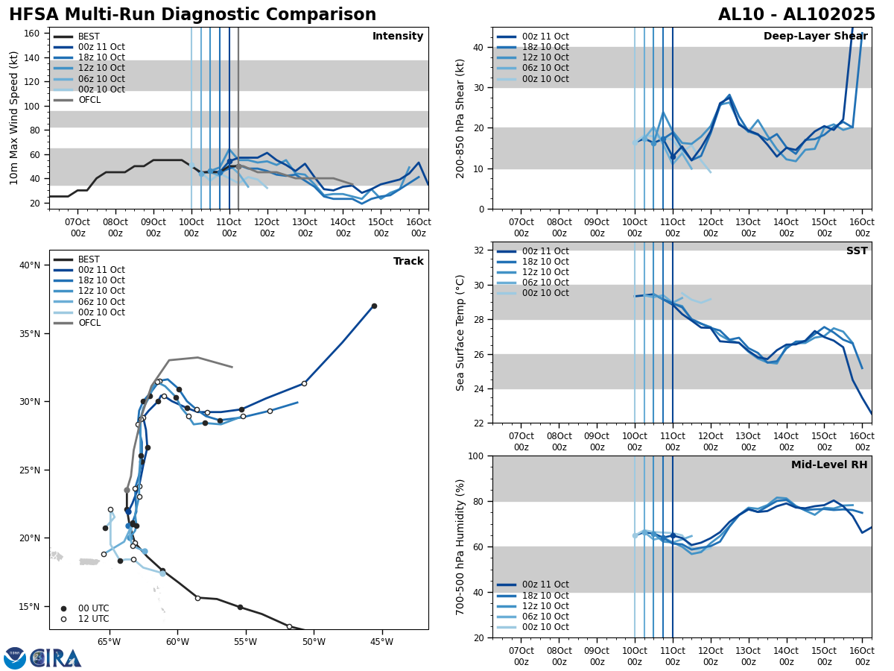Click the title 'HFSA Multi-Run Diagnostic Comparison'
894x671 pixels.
coord(192,15)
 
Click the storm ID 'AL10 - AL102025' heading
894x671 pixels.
coord(796,15)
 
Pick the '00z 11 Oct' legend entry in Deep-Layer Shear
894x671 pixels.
coord(545,37)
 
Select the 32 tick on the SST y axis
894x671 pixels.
coord(481,251)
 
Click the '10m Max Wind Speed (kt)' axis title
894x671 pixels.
coord(13,118)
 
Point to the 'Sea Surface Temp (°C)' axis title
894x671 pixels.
coord(460,333)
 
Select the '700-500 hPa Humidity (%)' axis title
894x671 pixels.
coord(460,546)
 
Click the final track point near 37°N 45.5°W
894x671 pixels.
coord(374,306)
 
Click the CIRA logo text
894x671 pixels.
coord(55,658)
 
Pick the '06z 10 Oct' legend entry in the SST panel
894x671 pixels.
coord(545,283)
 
